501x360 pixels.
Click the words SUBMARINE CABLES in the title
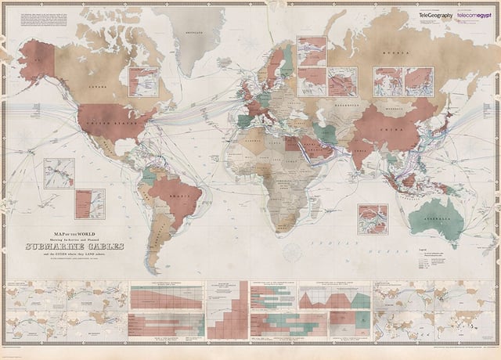(74, 247)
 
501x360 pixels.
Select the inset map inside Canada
(143, 81)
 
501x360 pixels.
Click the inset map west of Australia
(372, 219)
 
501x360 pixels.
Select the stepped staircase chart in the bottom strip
(227, 310)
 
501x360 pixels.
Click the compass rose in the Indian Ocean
(293, 251)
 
